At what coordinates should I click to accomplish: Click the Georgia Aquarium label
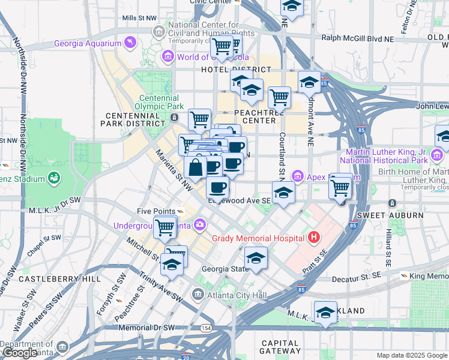[87, 43]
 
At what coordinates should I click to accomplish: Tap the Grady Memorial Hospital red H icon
[312, 238]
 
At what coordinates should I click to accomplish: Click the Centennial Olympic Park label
[159, 102]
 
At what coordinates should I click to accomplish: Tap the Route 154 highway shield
[206, 328]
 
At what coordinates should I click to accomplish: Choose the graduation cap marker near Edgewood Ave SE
[283, 193]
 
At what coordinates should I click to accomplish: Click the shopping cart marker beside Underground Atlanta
[164, 227]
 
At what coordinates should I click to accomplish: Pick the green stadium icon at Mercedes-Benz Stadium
[55, 178]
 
